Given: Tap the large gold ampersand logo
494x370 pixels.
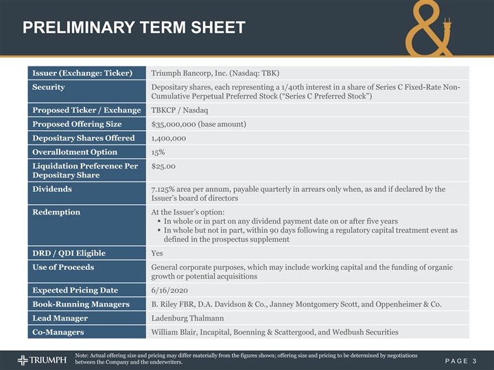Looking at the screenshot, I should pyautogui.click(x=436, y=31).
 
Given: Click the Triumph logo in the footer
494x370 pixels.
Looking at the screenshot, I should pyautogui.click(x=40, y=360).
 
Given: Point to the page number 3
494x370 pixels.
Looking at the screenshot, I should pyautogui.click(x=474, y=360).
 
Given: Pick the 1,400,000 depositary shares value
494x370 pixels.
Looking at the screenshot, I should pyautogui.click(x=168, y=138).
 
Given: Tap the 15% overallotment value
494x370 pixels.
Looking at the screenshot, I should pyautogui.click(x=158, y=152).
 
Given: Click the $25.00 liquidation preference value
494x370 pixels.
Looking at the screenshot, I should pyautogui.click(x=163, y=166).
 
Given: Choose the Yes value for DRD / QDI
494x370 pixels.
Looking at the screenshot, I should pyautogui.click(x=158, y=253).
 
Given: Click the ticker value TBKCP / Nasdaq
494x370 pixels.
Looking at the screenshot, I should pyautogui.click(x=180, y=110).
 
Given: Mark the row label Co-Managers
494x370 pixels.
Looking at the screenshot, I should pyautogui.click(x=58, y=332).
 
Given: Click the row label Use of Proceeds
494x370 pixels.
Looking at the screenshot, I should pyautogui.click(x=63, y=267).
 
